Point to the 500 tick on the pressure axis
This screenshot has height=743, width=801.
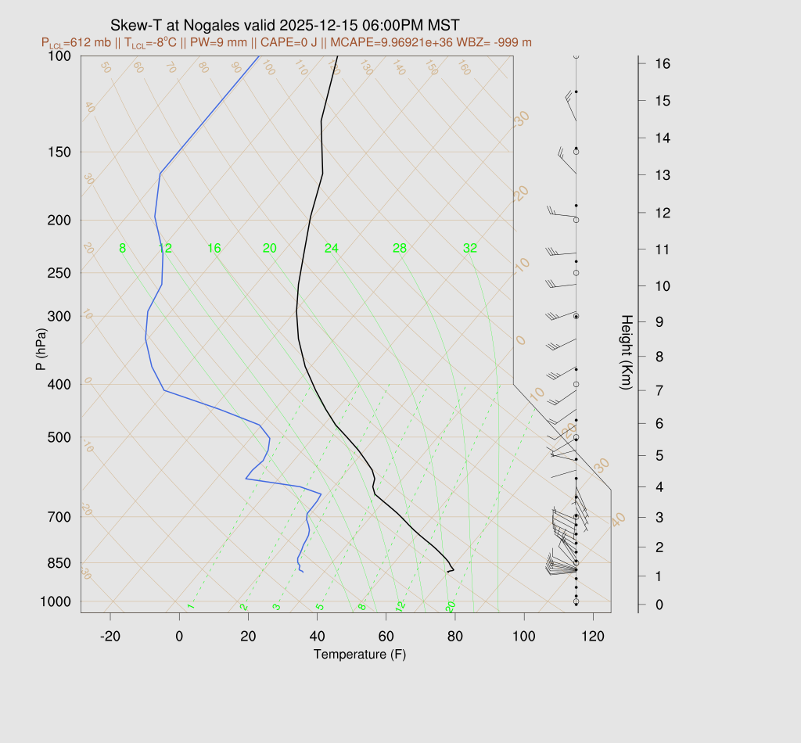click(59, 437)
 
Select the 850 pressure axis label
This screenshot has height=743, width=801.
click(59, 563)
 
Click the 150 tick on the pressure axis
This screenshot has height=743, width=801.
click(59, 152)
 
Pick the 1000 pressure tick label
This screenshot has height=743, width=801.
click(56, 601)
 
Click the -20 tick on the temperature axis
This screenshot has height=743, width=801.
click(110, 637)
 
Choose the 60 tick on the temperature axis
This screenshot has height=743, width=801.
click(386, 637)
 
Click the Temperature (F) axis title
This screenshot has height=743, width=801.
click(360, 654)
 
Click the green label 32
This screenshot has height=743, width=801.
click(470, 249)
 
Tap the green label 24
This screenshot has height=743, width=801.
click(332, 249)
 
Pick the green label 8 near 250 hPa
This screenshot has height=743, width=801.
click(122, 249)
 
